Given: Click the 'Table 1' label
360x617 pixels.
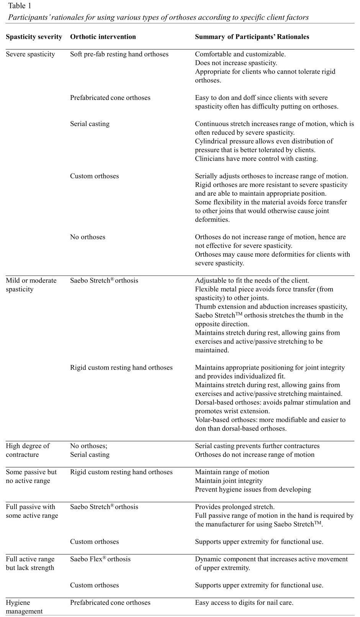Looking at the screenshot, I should coord(20,6).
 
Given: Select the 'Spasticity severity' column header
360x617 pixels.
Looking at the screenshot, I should coord(34,37).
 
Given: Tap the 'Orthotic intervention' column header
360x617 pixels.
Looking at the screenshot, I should coord(103,37).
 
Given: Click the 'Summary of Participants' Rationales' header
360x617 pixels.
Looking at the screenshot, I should coord(252,37).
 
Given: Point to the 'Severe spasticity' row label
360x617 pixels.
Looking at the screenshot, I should coord(30,54).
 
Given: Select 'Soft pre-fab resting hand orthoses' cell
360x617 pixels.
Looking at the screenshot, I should coord(119,54).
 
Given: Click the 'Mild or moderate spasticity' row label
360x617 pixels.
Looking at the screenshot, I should coord(31,285).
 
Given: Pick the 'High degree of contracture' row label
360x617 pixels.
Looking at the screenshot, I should coord(28,450).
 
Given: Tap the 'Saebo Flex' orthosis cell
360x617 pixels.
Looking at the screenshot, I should coord(100,559).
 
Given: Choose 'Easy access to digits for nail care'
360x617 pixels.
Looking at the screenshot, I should coord(244,603).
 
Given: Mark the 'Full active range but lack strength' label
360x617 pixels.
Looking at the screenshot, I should coord(30,563).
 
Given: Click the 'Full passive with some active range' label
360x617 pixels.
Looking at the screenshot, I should coord(32,511).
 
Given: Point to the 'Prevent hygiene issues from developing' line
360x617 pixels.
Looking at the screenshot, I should coord(253,489).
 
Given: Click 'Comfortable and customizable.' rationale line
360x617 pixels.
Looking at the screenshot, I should coord(240,54).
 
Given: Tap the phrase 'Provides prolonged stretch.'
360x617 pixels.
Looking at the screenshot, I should coord(235,507).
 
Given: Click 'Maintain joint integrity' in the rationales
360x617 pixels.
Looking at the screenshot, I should coord(229,481).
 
